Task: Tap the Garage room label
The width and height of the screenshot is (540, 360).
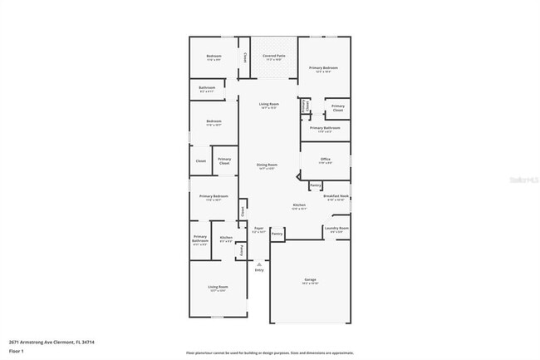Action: [310, 279]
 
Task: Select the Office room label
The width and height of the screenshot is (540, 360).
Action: [325, 159]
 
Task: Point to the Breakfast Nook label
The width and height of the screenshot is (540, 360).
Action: [335, 196]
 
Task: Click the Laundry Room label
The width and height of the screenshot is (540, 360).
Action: [336, 228]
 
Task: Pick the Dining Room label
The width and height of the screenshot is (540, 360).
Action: [267, 165]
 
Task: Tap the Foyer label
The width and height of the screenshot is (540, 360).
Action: [258, 228]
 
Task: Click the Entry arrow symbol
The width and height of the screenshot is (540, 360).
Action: [258, 264]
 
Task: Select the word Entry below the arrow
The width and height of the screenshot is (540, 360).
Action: [258, 270]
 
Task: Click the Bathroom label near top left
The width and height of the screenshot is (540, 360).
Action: [206, 87]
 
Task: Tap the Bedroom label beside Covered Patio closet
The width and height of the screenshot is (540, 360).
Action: [214, 56]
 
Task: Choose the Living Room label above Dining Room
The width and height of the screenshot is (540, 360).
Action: [268, 104]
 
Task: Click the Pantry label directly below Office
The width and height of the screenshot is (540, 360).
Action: [316, 185]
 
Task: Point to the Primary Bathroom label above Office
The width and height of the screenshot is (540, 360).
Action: [325, 127]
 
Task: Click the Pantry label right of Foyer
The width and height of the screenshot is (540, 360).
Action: [277, 234]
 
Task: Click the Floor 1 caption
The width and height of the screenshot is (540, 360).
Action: [17, 352]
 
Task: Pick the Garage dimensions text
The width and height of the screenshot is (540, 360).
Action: [310, 284]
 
